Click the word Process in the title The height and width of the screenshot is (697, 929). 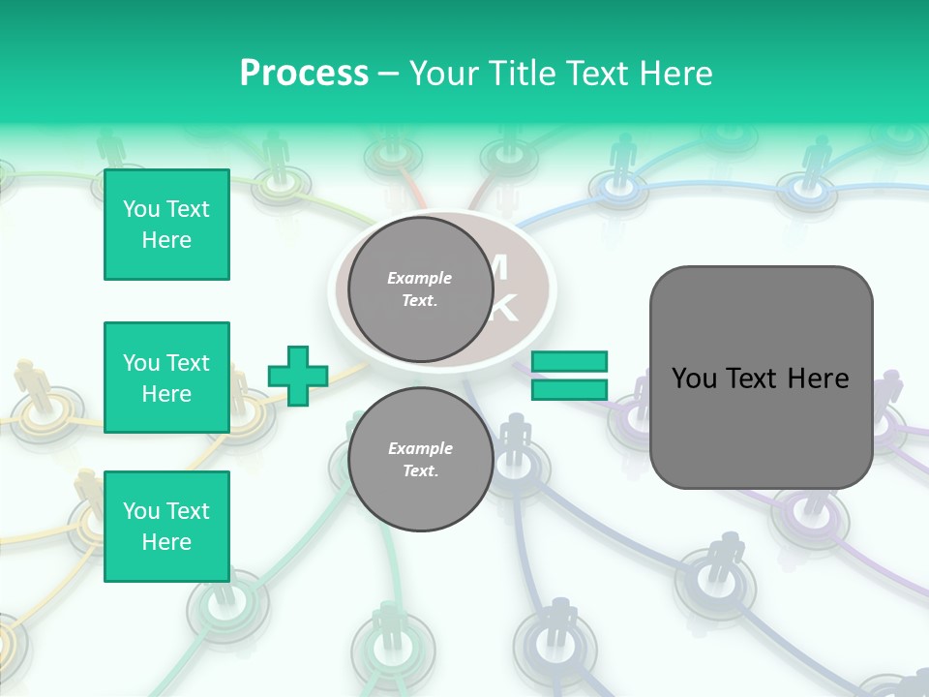pos(304,74)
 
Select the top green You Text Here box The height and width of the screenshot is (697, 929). pos(166,225)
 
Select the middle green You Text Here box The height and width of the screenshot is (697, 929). pos(166,378)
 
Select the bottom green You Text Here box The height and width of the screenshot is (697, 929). pos(166,527)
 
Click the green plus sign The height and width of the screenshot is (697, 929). pos(298,376)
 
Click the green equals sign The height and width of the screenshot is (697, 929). pos(570,376)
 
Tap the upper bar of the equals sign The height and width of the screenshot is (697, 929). pos(570,362)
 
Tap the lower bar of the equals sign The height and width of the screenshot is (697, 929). pos(570,389)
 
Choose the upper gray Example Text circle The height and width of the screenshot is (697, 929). pos(420,288)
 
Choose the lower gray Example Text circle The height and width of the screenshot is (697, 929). pos(420,459)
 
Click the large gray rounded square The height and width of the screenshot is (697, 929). pos(761,378)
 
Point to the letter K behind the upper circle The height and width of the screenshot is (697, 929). pos(506,309)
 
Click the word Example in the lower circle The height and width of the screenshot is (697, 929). pos(420,448)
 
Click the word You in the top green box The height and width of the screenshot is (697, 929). pos(141,209)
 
